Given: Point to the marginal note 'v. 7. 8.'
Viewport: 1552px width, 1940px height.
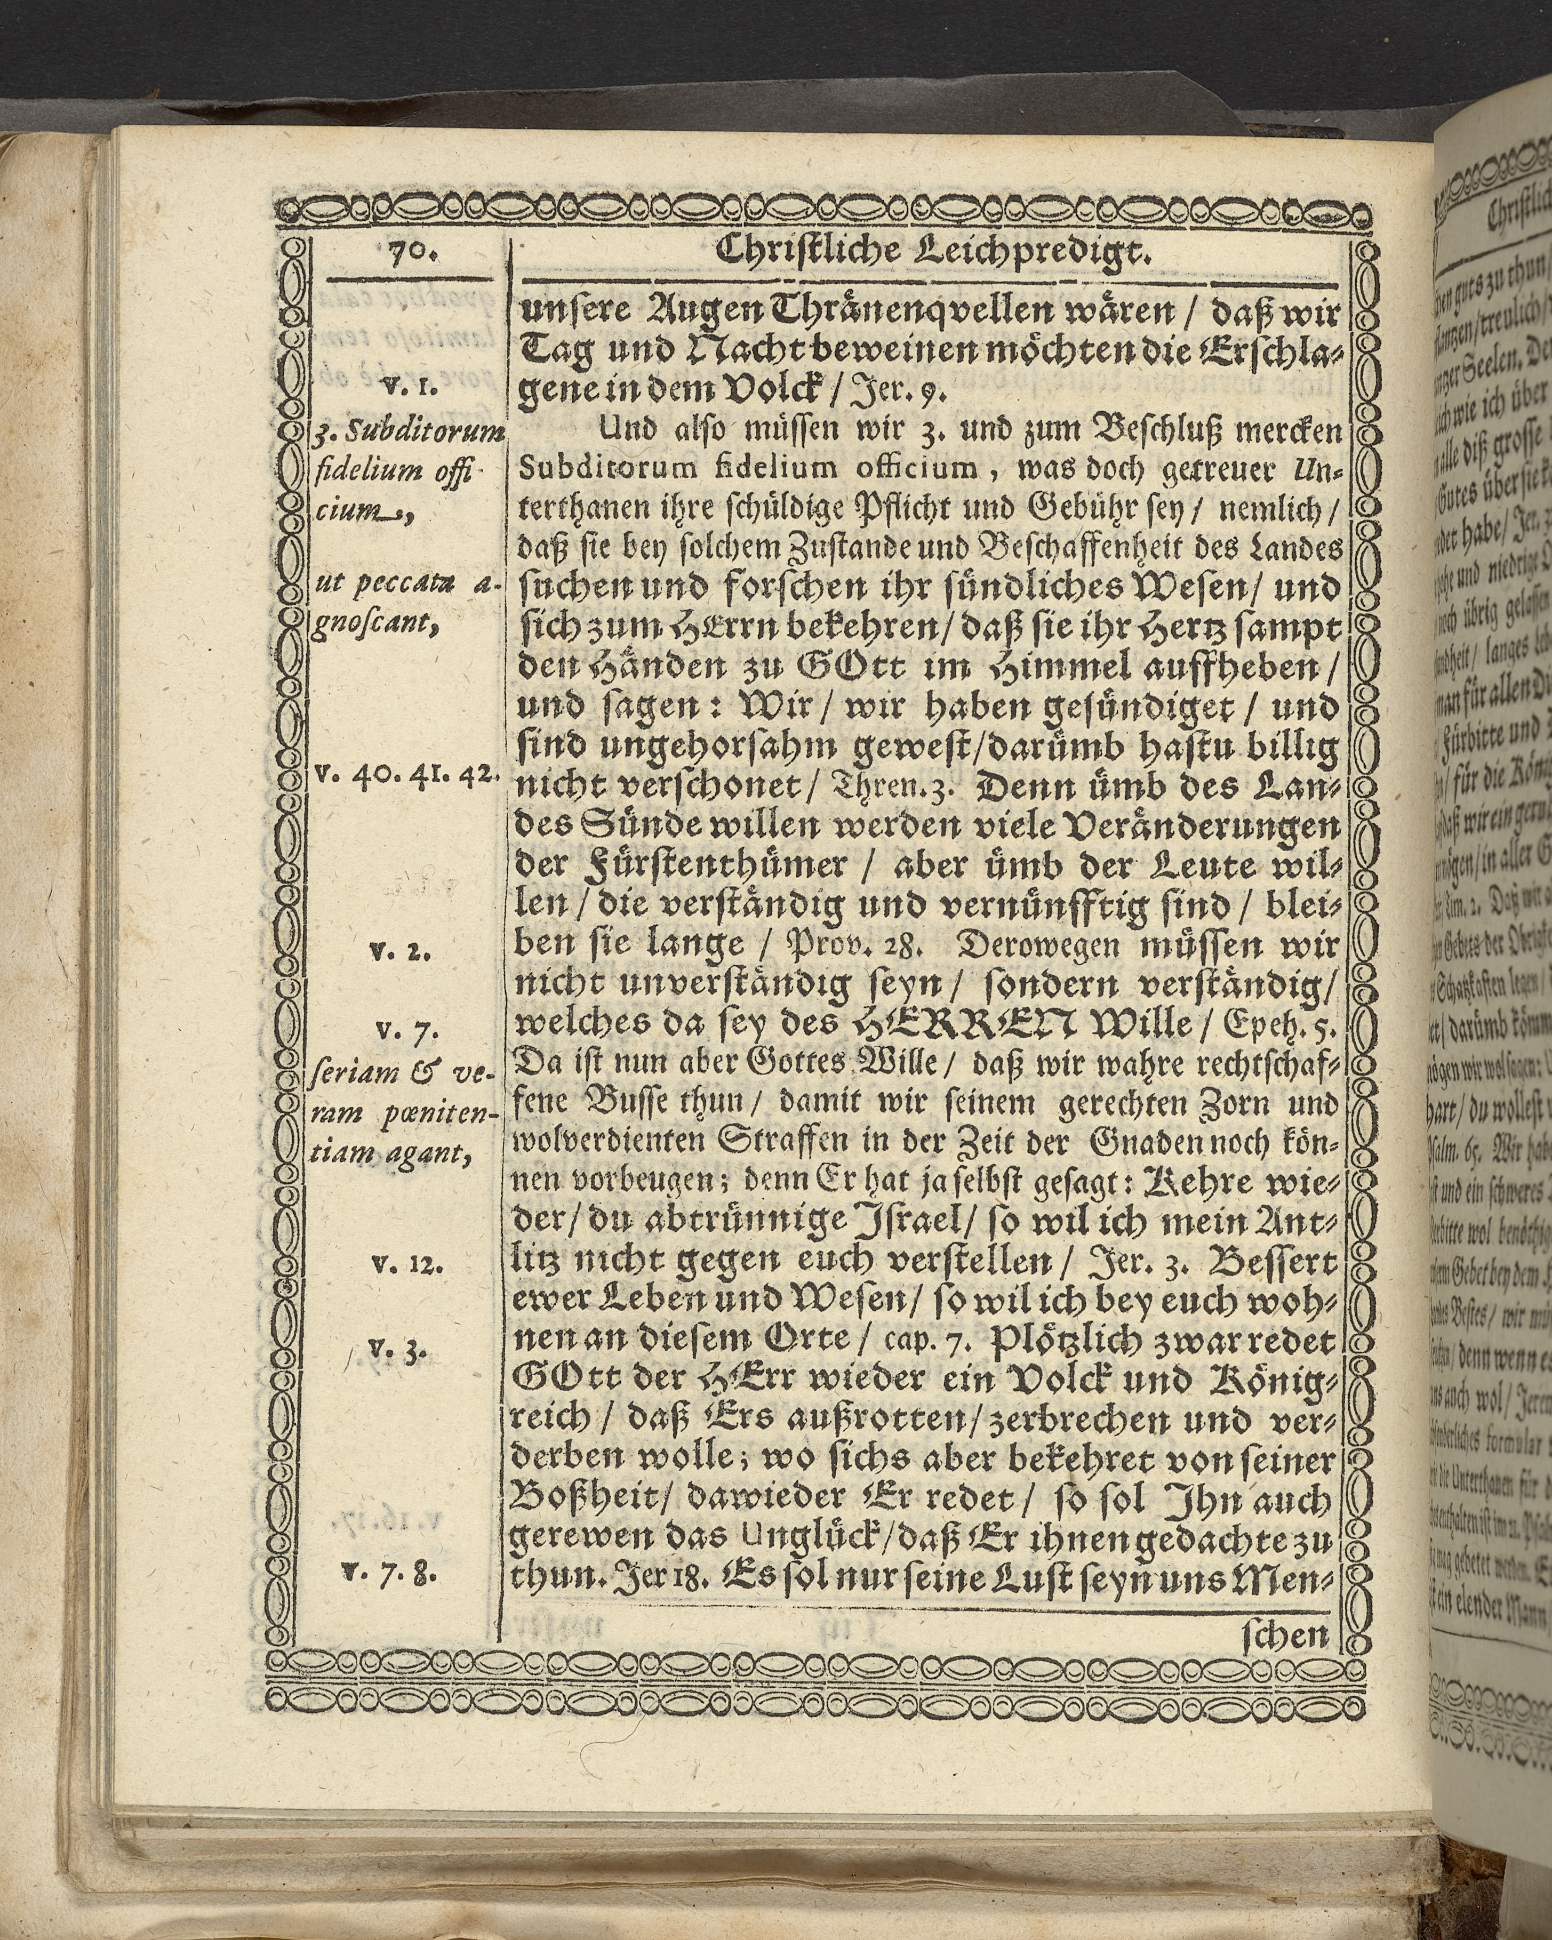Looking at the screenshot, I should tap(395, 1574).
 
